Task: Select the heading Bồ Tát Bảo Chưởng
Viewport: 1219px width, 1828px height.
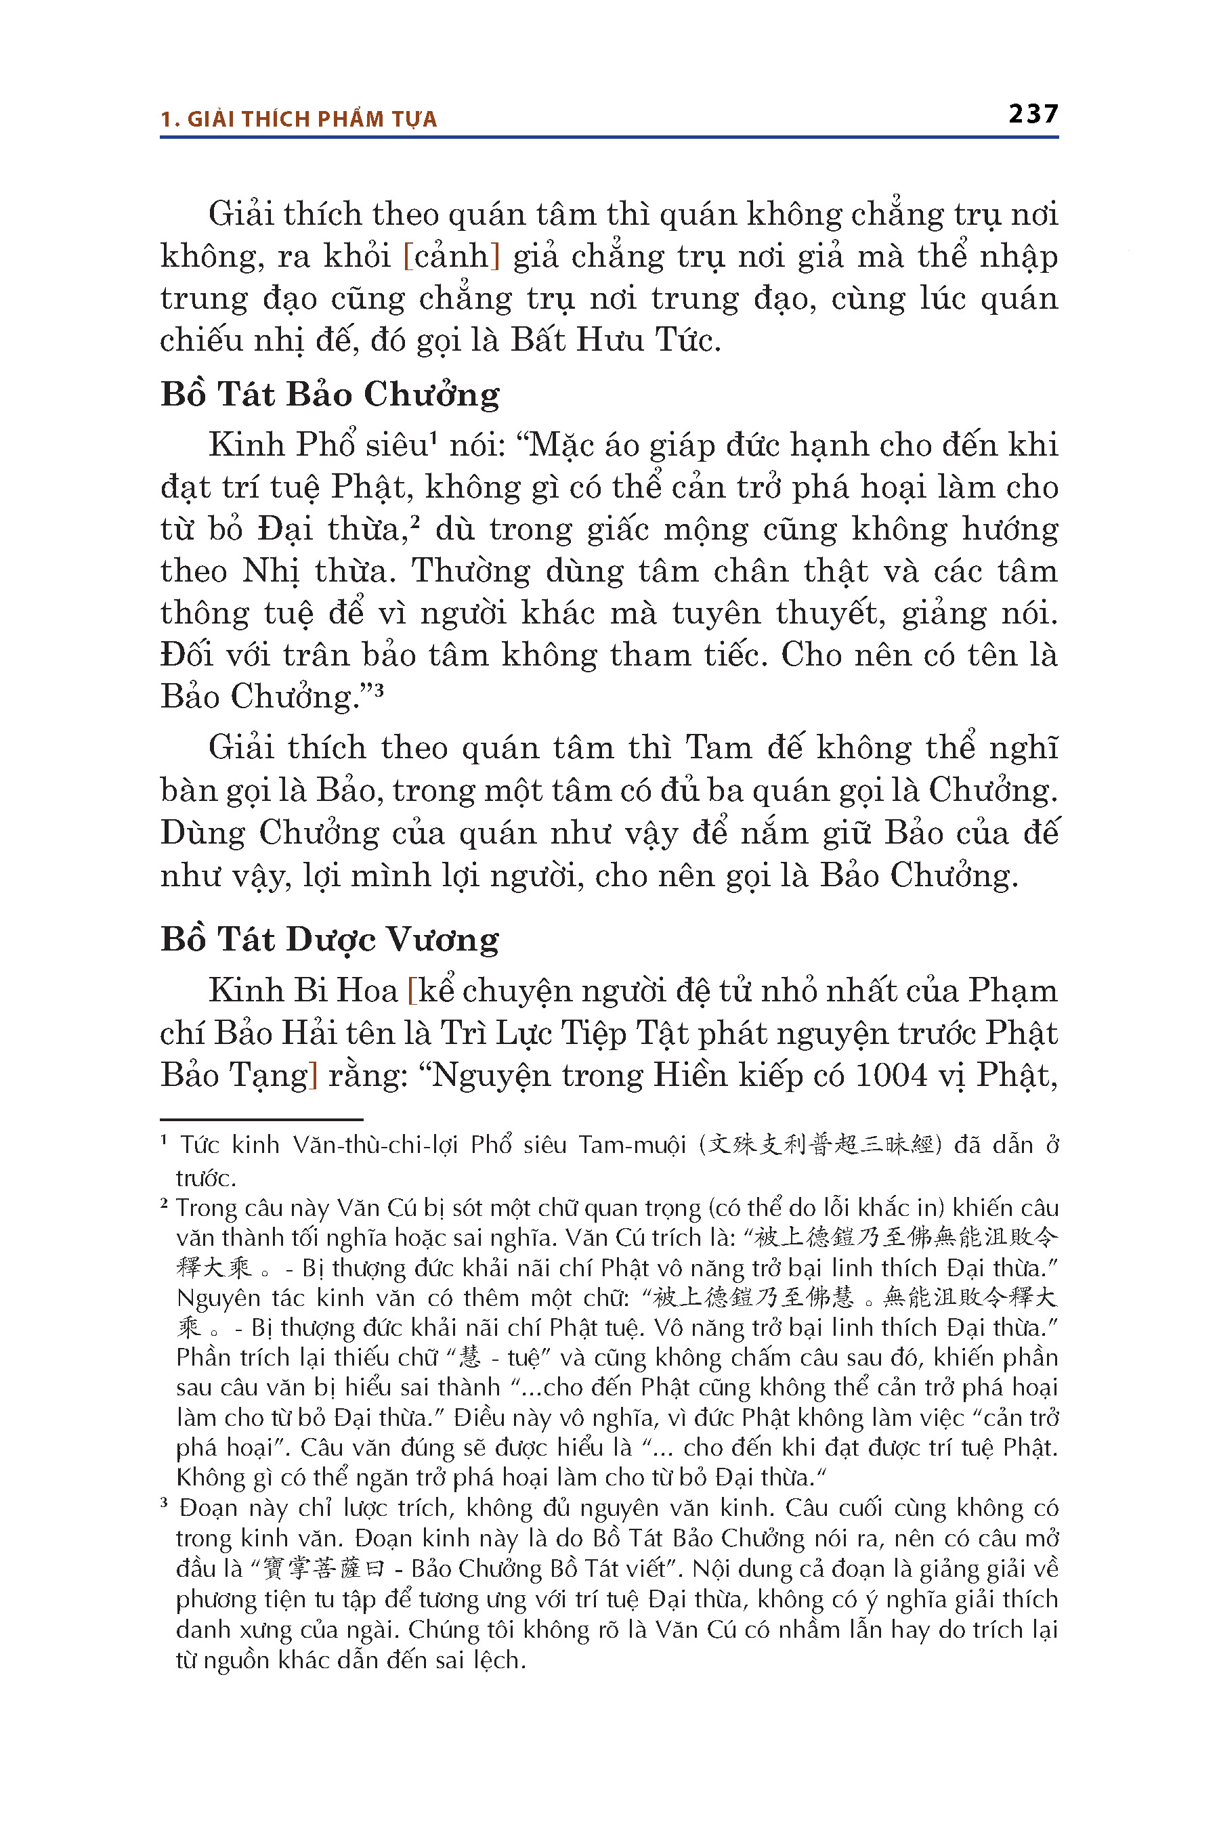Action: (x=330, y=394)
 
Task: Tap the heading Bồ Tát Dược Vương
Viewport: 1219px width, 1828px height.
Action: (x=330, y=939)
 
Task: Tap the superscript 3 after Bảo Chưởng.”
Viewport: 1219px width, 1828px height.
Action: (x=379, y=689)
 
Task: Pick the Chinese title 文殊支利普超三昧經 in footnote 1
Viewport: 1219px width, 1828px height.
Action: (x=820, y=1146)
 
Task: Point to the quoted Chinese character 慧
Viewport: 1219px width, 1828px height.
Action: (x=471, y=1357)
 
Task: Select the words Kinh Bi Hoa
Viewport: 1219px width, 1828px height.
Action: (x=303, y=991)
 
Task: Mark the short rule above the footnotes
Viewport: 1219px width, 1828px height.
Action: (x=261, y=1120)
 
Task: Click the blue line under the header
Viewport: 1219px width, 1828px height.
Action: (x=609, y=137)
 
